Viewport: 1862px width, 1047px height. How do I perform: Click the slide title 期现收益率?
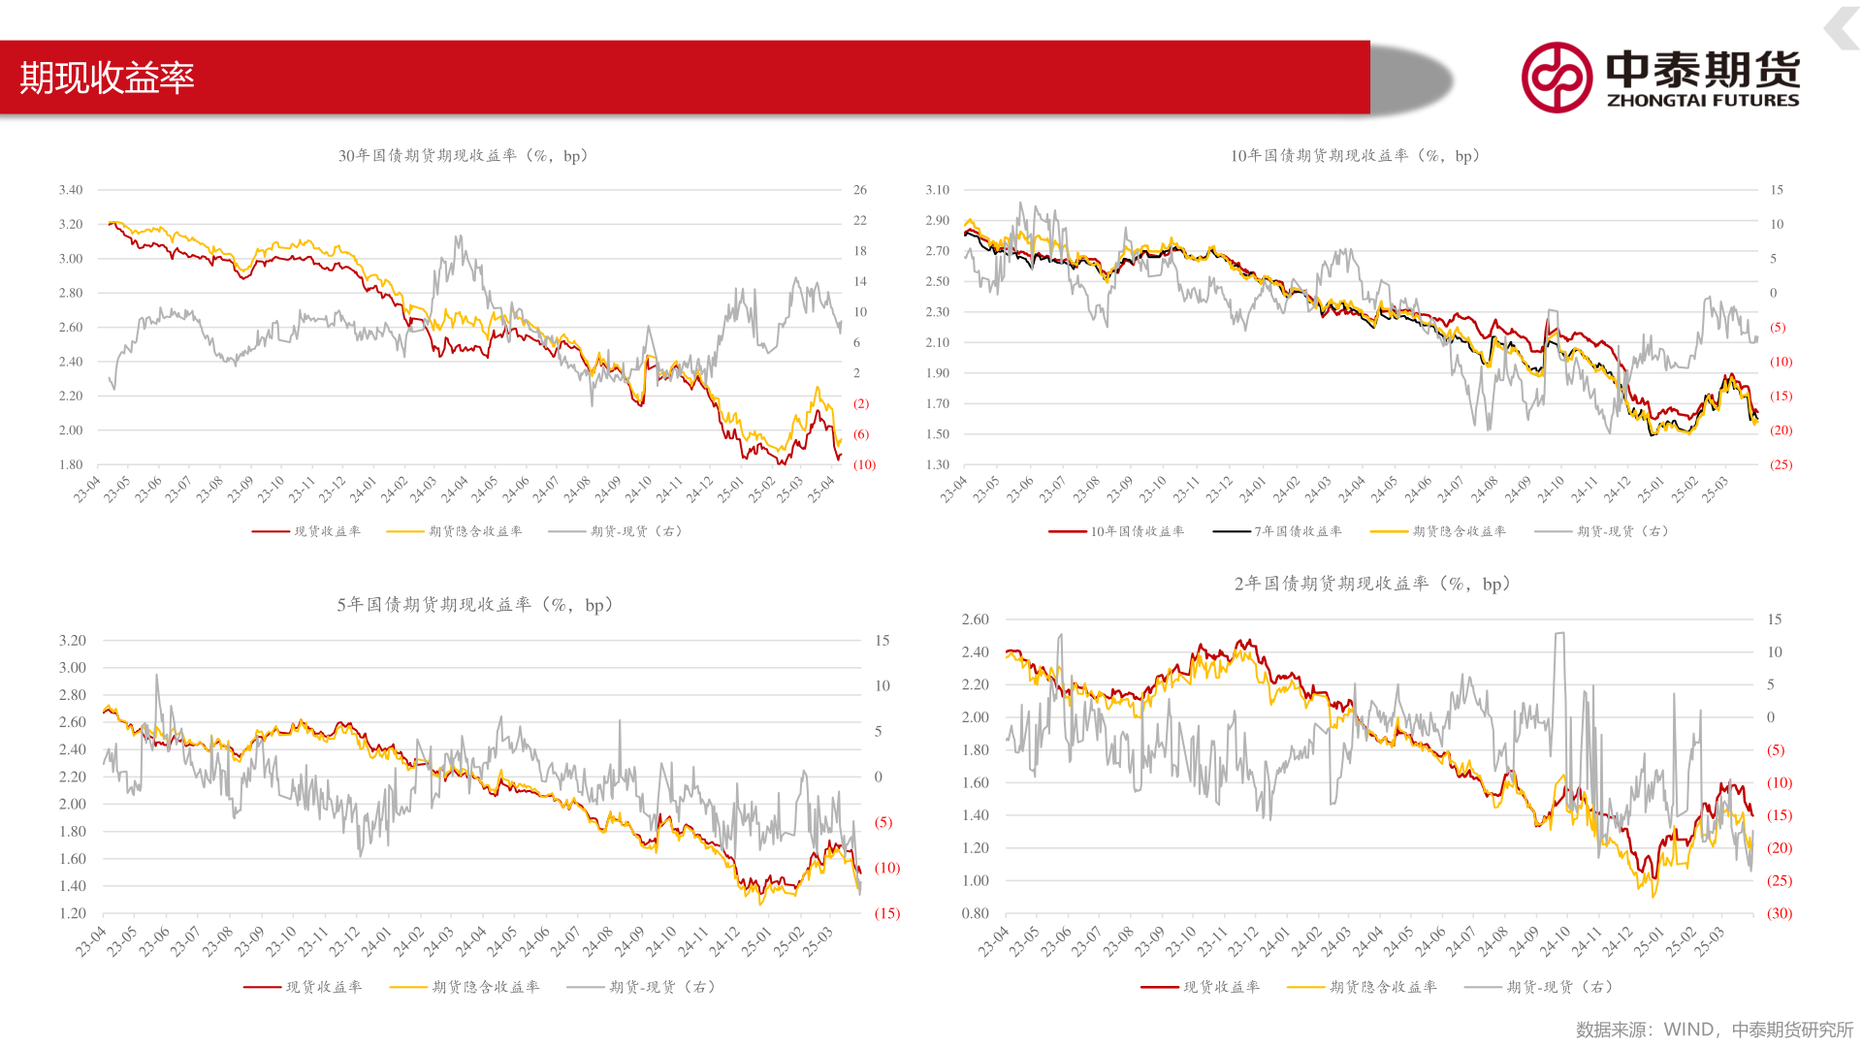(108, 78)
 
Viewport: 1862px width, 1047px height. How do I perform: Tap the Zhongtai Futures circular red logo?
(1557, 78)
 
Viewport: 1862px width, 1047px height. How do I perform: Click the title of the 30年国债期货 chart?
(463, 156)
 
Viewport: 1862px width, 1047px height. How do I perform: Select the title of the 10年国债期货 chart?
(1355, 156)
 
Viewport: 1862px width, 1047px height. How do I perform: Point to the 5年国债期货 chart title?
(475, 605)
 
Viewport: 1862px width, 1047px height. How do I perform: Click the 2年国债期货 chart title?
(1372, 584)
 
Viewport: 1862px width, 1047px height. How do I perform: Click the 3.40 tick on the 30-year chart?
(71, 190)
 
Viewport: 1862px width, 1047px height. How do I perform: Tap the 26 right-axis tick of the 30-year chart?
(860, 190)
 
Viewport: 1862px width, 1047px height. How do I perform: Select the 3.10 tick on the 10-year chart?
(938, 190)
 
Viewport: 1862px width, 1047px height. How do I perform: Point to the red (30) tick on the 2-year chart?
(1780, 913)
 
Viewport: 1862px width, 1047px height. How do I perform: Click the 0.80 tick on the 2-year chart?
(976, 913)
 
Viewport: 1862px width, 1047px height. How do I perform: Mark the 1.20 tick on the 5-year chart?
(73, 913)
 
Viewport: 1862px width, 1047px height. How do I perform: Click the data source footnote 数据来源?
(1714, 1030)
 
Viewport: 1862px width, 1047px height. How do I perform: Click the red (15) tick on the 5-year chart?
(887, 913)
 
